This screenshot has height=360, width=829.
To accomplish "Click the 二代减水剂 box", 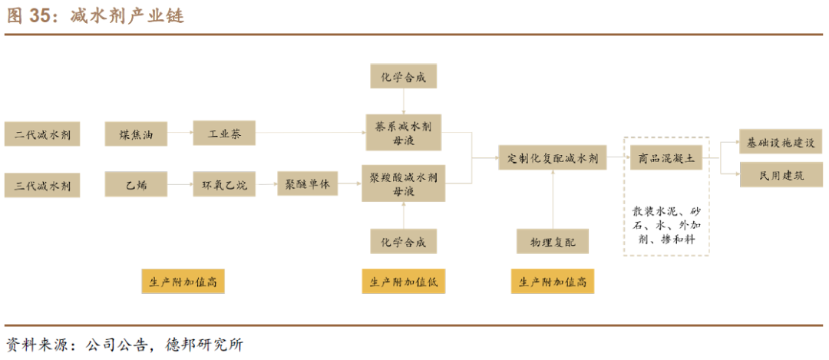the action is coord(42,134).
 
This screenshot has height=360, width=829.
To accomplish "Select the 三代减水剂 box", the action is coord(42,185).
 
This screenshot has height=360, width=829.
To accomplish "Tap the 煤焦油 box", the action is coord(136,134).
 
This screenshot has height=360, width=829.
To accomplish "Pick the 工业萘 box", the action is coord(224,134).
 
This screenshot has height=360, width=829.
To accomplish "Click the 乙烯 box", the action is coord(136,185).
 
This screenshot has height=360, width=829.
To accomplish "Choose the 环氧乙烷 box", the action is coord(224,185).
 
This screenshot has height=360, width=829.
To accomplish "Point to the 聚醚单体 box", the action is coord(307,185).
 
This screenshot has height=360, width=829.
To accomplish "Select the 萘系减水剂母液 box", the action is coord(403,134).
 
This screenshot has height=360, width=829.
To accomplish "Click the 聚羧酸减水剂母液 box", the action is coord(403,184).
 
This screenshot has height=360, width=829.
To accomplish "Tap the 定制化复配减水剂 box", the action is coord(553,159).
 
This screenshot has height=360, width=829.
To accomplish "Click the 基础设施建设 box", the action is coord(781,143).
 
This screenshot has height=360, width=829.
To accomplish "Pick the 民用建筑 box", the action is coord(781,175).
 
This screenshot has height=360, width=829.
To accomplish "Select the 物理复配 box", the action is coord(553,241).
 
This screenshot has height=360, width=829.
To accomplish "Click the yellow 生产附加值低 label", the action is coord(404,282).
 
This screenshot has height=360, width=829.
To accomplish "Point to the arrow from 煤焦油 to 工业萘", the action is coord(180,134).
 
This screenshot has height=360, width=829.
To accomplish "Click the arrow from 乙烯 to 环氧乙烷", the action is coord(180,185).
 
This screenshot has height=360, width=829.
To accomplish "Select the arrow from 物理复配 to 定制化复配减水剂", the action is coord(553,200).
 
